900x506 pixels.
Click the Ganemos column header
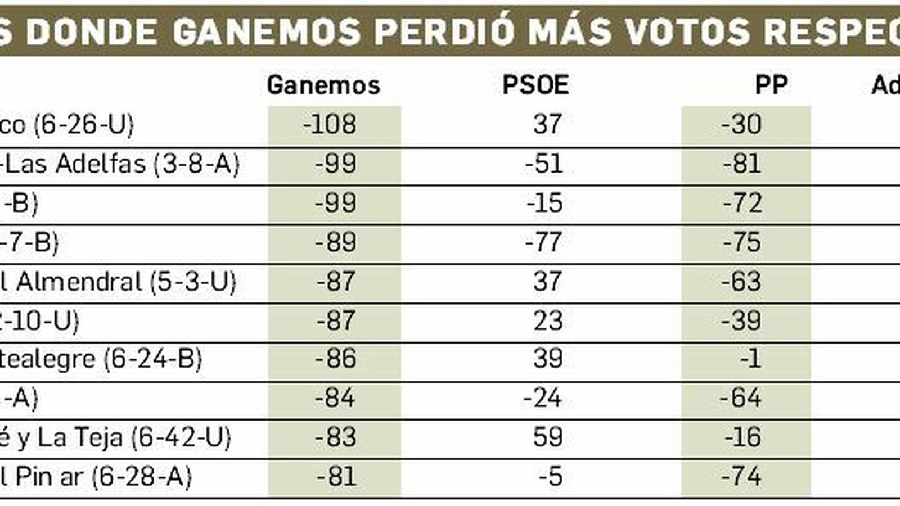323,85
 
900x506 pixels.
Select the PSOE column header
535,85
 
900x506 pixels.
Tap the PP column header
771,85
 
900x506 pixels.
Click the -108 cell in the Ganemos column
330,124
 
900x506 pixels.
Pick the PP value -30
741,124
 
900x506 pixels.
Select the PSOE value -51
543,164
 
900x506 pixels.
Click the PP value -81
742,164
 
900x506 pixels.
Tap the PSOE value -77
543,242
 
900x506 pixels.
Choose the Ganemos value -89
335,242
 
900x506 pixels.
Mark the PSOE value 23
548,320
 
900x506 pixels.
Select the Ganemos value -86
335,359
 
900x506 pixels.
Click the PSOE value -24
542,398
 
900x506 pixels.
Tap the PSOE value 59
548,437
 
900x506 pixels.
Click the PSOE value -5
550,477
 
